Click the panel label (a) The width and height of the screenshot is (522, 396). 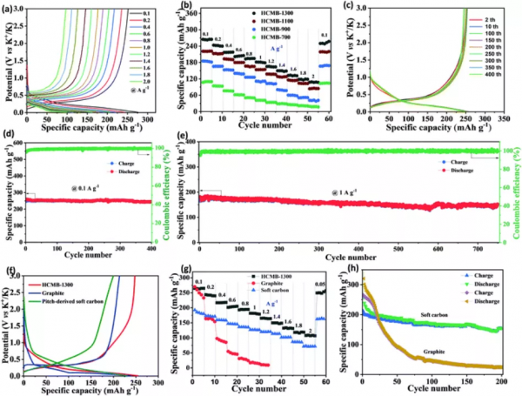point(10,8)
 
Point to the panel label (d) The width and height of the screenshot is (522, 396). point(10,138)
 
